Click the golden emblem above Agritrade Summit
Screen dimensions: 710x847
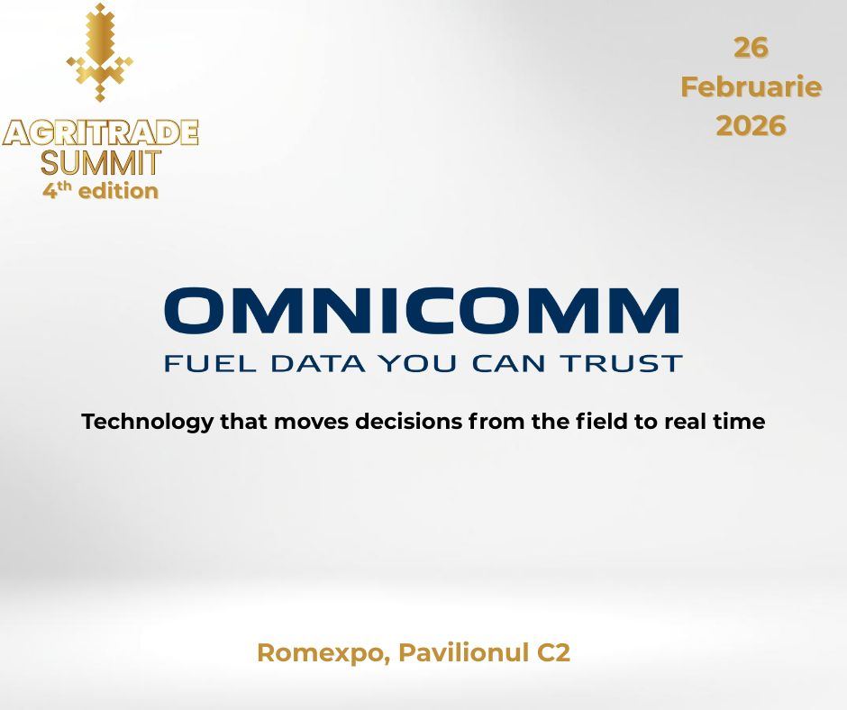pos(100,52)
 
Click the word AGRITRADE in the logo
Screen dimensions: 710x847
pos(100,132)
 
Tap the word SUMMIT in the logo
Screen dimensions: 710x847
pos(100,163)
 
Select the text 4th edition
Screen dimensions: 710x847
pos(100,191)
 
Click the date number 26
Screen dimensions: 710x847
pos(751,49)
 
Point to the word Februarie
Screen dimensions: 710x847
pos(751,87)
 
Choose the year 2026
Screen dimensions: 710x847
pos(751,126)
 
